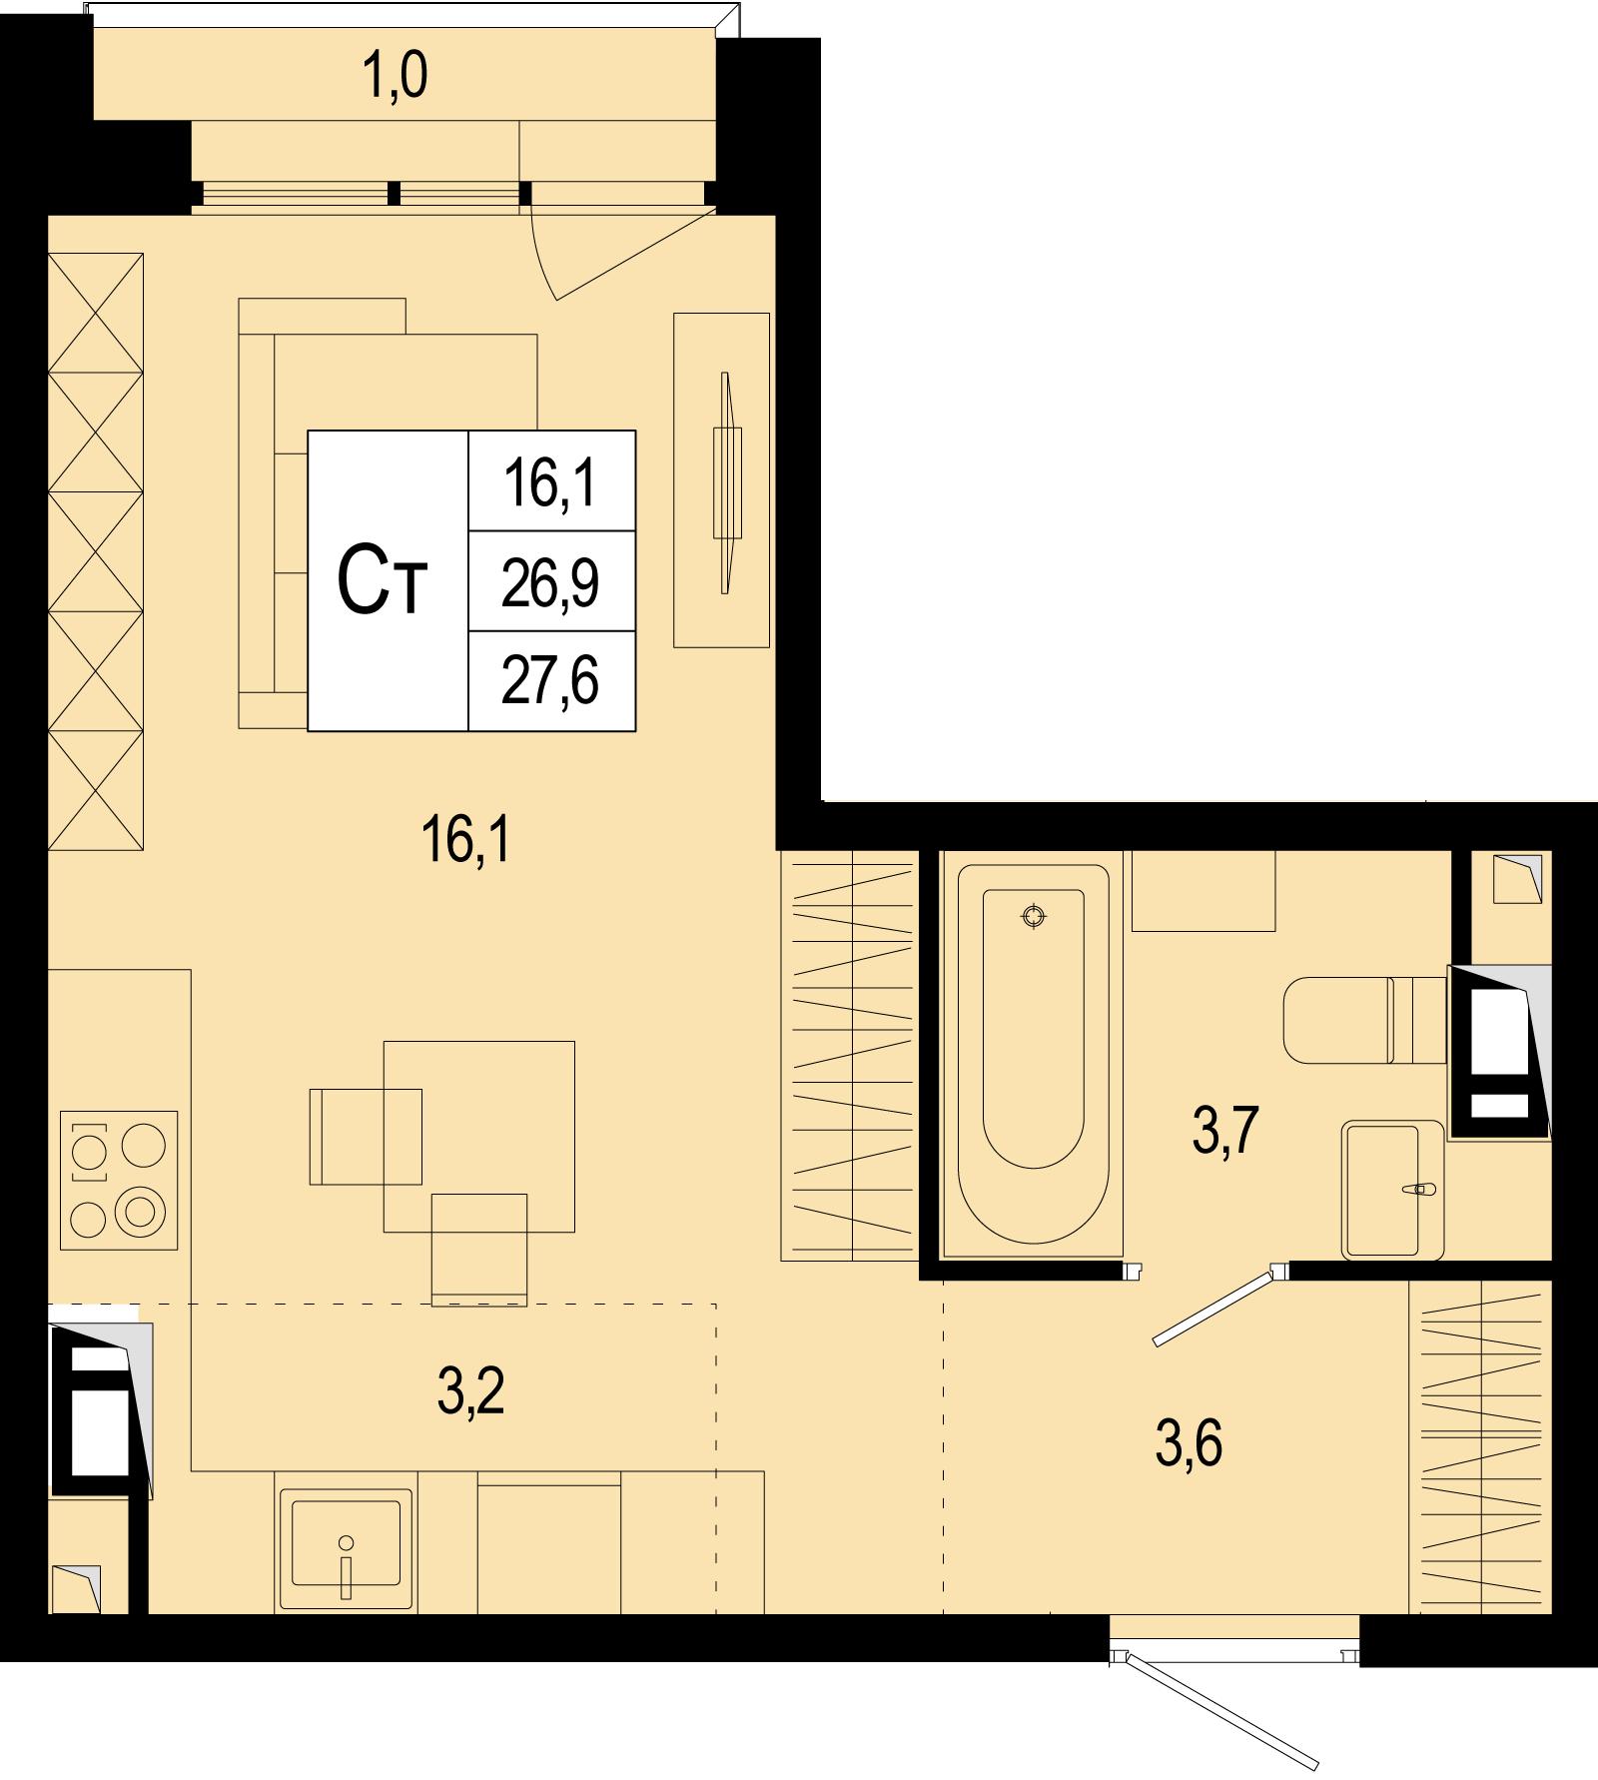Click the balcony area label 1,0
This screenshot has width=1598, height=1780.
[x=395, y=76]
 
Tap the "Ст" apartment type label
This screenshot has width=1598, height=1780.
[x=382, y=580]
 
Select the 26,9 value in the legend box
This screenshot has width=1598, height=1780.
[x=550, y=583]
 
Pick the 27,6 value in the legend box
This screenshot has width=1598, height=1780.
[x=550, y=681]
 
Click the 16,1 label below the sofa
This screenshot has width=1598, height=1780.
[x=465, y=839]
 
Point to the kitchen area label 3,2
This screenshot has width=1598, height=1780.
[x=470, y=1391]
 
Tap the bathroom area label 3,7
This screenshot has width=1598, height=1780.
[x=1225, y=1131]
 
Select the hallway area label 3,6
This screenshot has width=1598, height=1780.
[x=1189, y=1443]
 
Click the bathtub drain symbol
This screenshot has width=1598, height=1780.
[x=1034, y=915]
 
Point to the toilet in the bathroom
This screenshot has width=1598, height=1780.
[x=1364, y=1020]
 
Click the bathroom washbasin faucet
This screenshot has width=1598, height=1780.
[x=1419, y=1189]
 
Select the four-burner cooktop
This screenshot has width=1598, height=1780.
[x=119, y=1181]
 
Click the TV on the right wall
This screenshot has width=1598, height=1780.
[x=727, y=482]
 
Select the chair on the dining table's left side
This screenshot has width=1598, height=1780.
[x=366, y=1137]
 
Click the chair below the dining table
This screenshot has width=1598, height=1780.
[x=478, y=1250]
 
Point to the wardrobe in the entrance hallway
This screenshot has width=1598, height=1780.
[x=1480, y=1446]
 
